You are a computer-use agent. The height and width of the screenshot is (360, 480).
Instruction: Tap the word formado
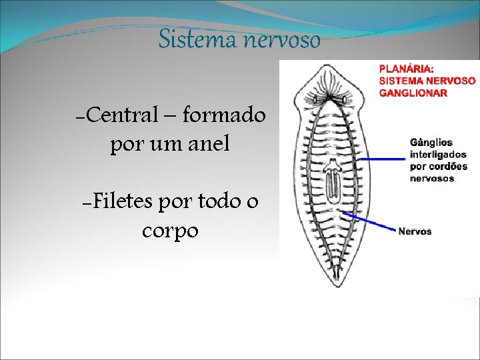[x=223, y=115]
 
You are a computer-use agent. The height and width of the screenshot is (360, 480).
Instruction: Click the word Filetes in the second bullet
[x=120, y=201]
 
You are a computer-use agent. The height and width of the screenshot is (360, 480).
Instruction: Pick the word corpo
[x=170, y=231]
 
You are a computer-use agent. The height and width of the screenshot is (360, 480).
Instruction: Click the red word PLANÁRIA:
[x=407, y=69]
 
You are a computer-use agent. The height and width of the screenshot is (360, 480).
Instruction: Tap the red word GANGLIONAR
[x=413, y=93]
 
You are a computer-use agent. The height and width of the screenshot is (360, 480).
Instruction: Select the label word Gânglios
[x=431, y=143]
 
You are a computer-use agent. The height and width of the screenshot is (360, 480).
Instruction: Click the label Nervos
[x=415, y=231]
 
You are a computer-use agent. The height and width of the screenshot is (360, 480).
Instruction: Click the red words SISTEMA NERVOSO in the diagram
[x=427, y=81]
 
